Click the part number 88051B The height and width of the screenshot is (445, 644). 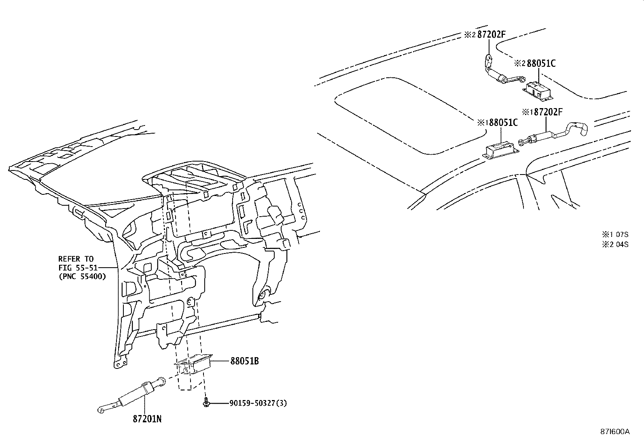pyautogui.click(x=245, y=361)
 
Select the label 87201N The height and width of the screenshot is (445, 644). pyautogui.click(x=147, y=419)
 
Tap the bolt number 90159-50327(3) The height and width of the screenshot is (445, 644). pyautogui.click(x=258, y=403)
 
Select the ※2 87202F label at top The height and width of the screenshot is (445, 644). pyautogui.click(x=485, y=35)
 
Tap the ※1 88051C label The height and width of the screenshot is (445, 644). pyautogui.click(x=497, y=122)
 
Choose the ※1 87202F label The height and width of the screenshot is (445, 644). pyautogui.click(x=542, y=112)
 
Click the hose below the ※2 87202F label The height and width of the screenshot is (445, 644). pyautogui.click(x=500, y=73)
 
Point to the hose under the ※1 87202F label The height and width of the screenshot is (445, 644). pyautogui.click(x=554, y=134)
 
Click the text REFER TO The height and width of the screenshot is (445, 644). pyautogui.click(x=76, y=259)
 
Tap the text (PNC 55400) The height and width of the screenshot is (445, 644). pyautogui.click(x=82, y=277)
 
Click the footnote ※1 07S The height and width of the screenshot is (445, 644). pyautogui.click(x=615, y=234)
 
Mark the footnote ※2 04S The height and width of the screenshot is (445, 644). pyautogui.click(x=615, y=244)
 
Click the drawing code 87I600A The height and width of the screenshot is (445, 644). pyautogui.click(x=614, y=431)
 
